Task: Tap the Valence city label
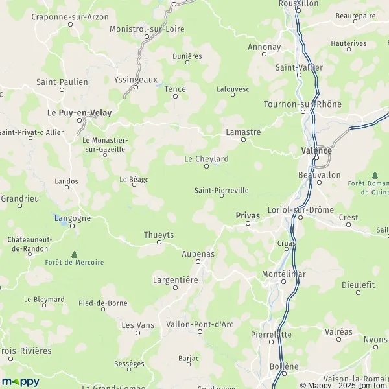(x=316, y=150)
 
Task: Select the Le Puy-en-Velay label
(x=80, y=112)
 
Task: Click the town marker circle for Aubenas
(x=199, y=261)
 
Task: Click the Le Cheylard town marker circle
(x=207, y=167)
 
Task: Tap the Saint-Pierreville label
(x=221, y=191)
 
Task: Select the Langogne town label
(x=72, y=218)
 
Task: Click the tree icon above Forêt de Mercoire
(x=75, y=253)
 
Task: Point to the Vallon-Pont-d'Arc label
(x=200, y=324)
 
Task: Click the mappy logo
(x=20, y=381)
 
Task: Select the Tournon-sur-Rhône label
(x=303, y=104)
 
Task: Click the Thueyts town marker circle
(x=159, y=242)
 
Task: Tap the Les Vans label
(x=137, y=325)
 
